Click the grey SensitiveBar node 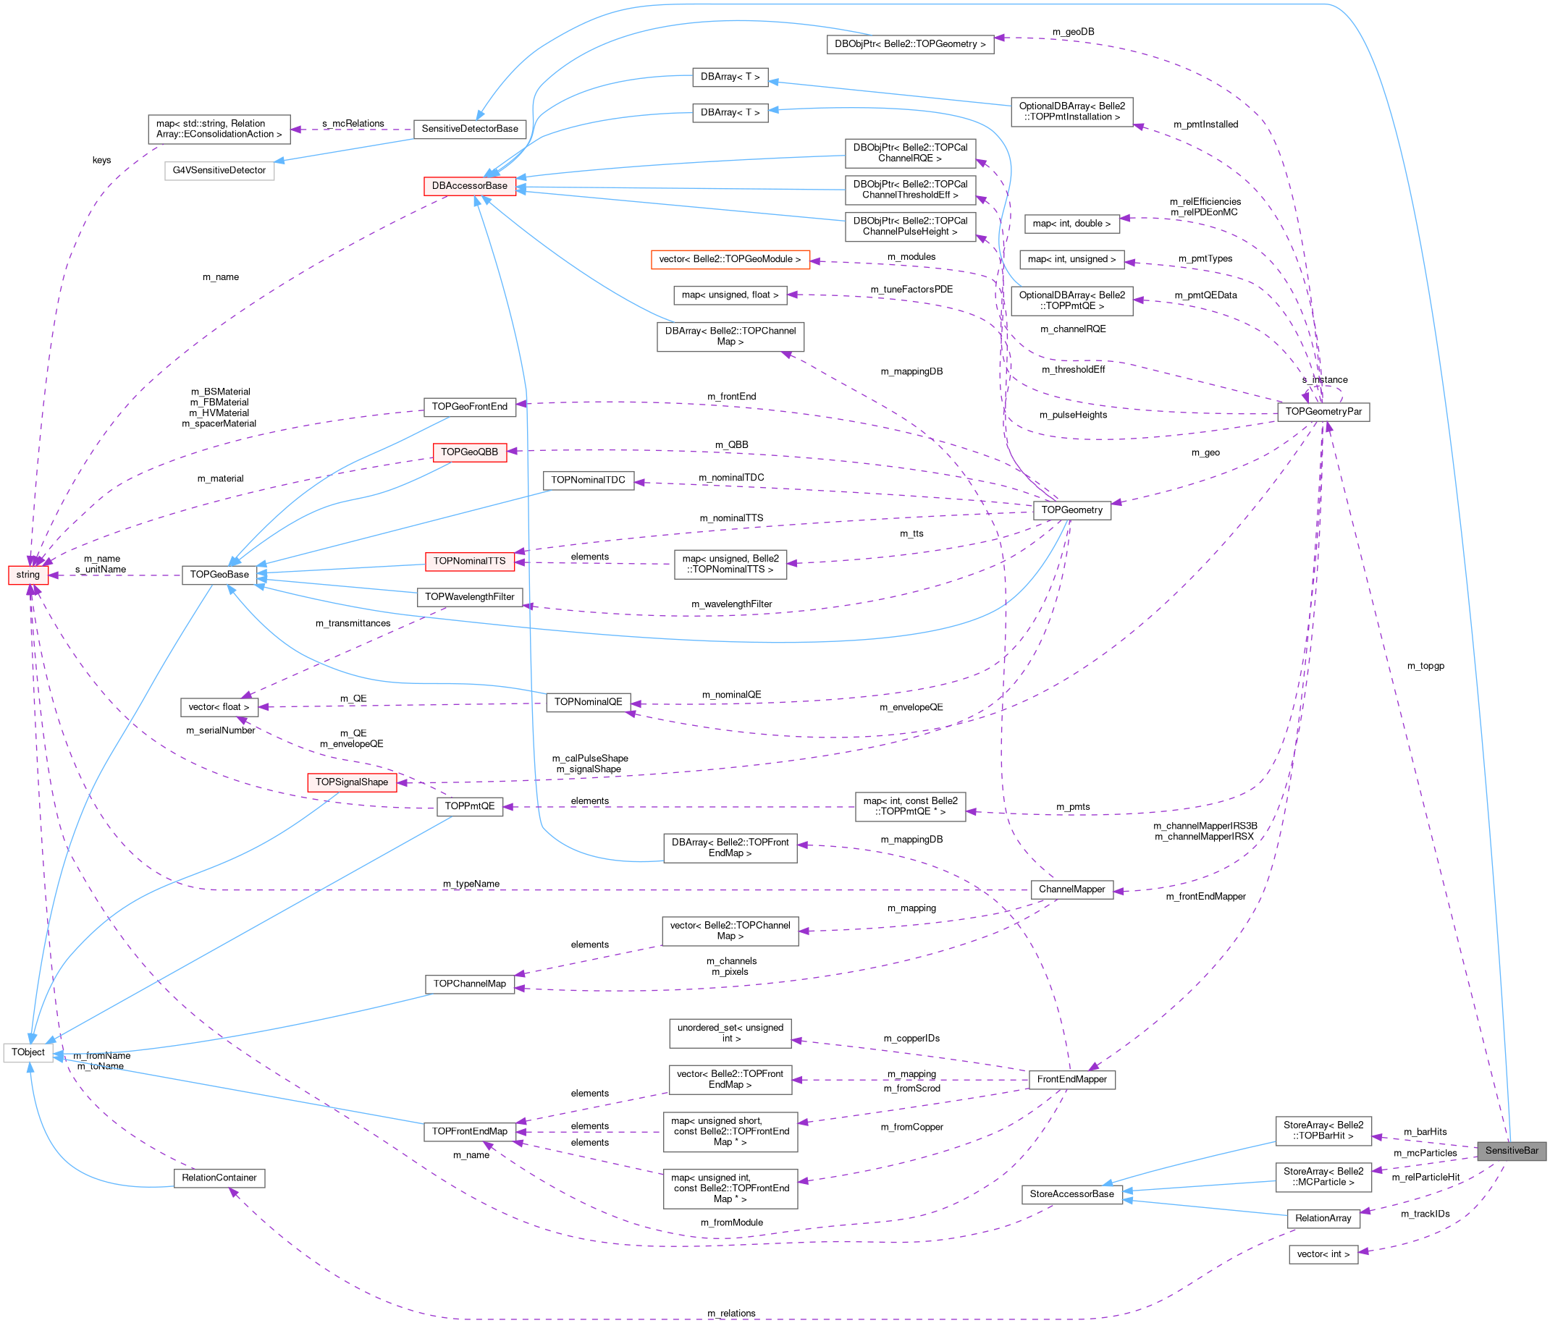[x=1511, y=1150]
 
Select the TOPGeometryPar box [x=1323, y=411]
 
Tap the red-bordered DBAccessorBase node [x=469, y=185]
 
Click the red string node [x=28, y=575]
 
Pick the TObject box [x=28, y=1052]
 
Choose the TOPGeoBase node [x=219, y=575]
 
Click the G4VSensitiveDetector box [x=219, y=170]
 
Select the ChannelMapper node [x=1071, y=889]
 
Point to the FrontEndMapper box [x=1071, y=1079]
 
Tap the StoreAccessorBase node [x=1071, y=1193]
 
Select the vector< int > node [x=1323, y=1254]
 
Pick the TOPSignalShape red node [x=352, y=782]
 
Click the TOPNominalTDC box [x=588, y=480]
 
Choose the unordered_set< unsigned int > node [x=730, y=1033]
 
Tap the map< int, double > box [x=1071, y=223]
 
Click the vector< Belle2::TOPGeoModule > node [x=730, y=259]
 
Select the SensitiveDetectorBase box [x=469, y=129]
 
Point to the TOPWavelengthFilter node [x=469, y=597]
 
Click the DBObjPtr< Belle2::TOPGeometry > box [x=909, y=43]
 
